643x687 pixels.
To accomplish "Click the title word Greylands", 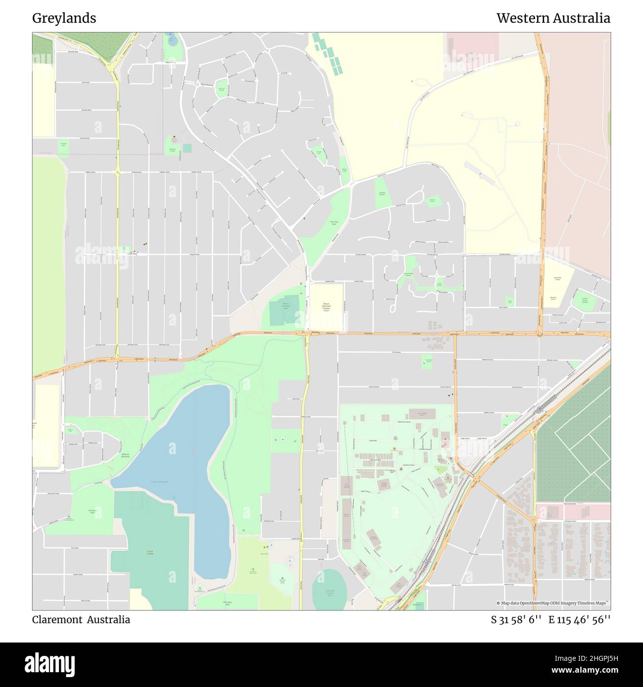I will [x=64, y=18].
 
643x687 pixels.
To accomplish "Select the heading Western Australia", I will [x=553, y=18].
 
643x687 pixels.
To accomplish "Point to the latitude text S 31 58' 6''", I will [x=516, y=620].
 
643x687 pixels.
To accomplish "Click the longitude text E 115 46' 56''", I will [x=579, y=620].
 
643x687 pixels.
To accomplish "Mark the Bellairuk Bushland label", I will [x=126, y=455].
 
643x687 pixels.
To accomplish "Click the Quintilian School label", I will [x=557, y=279].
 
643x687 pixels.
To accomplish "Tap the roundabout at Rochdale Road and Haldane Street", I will [x=118, y=172].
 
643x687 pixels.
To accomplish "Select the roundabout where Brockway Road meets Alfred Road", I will [x=540, y=334].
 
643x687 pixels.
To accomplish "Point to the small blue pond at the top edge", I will [x=171, y=40].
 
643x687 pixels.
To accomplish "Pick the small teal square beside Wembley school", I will [x=187, y=148].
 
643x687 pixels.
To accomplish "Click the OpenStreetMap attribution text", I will [x=553, y=603].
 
